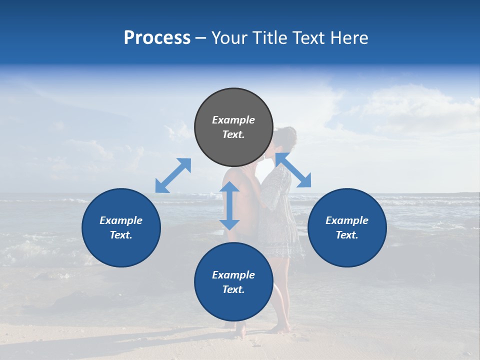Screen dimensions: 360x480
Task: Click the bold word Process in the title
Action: coord(157,38)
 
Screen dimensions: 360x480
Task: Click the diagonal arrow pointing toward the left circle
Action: coord(173,175)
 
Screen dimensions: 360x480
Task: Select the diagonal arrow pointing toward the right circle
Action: coord(293,170)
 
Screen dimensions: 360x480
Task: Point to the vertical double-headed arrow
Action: coord(229,205)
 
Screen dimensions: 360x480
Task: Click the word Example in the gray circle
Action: coord(233,120)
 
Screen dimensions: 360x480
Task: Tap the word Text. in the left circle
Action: coord(121,235)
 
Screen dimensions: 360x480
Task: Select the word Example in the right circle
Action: coord(347,220)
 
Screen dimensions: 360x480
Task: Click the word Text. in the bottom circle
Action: coord(233,289)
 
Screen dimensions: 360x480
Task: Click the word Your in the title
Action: coord(229,38)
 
